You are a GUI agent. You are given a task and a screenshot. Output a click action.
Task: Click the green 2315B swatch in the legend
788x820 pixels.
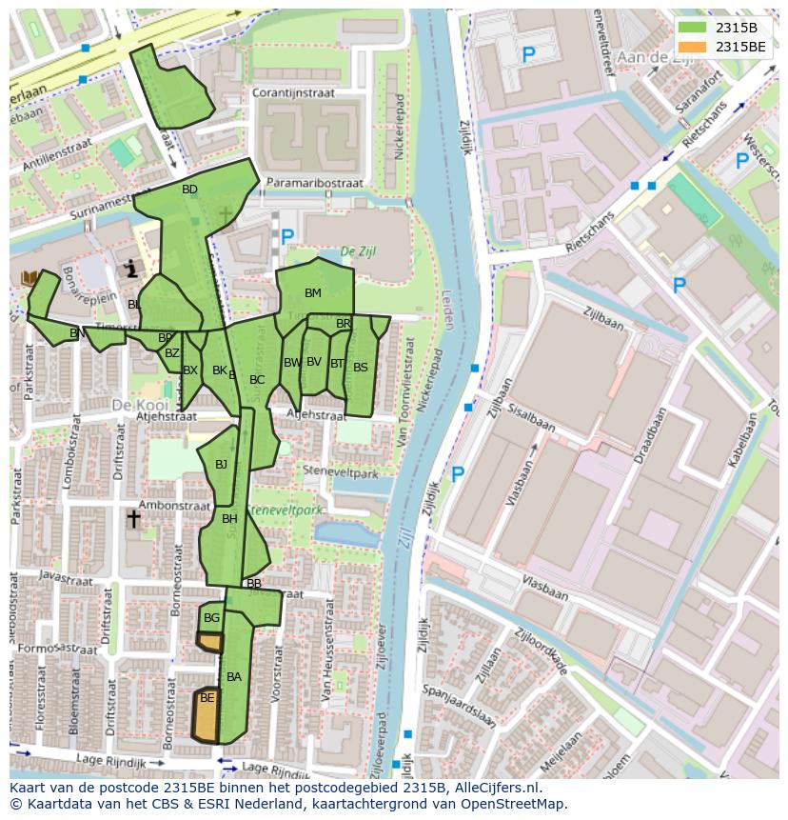(692, 28)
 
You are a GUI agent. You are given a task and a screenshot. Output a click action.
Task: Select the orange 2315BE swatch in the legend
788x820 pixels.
(692, 47)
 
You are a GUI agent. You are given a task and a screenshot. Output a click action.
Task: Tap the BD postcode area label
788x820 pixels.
(189, 190)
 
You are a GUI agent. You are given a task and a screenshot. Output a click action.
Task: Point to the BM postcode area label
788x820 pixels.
(313, 292)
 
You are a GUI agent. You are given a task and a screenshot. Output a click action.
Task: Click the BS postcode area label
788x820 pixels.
(360, 367)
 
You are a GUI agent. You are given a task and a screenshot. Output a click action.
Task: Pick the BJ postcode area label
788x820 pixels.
(221, 465)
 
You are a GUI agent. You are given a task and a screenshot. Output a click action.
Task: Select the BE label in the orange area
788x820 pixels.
(207, 698)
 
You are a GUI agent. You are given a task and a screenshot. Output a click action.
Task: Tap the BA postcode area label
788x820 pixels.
(234, 677)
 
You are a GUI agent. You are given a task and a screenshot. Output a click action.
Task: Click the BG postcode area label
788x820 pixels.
(211, 618)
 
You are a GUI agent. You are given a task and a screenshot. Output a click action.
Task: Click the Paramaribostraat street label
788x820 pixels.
(314, 182)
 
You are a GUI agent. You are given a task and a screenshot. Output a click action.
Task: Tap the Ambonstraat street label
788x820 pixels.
(173, 505)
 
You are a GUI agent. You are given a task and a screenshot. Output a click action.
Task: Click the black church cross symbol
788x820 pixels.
(133, 519)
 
